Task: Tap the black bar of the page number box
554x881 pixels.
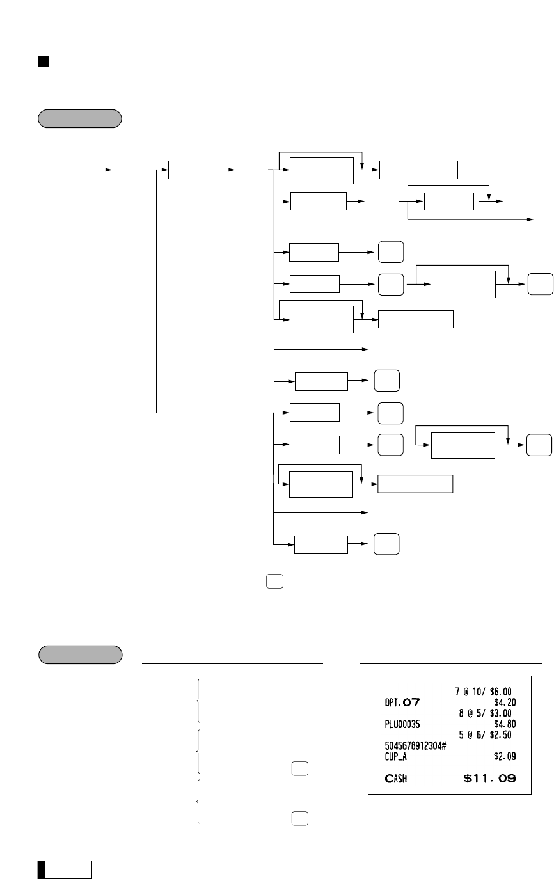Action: (41, 869)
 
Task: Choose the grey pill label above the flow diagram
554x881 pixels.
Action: (80, 118)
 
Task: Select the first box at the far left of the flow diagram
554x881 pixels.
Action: (64, 170)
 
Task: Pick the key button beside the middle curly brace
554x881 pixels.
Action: (299, 768)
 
